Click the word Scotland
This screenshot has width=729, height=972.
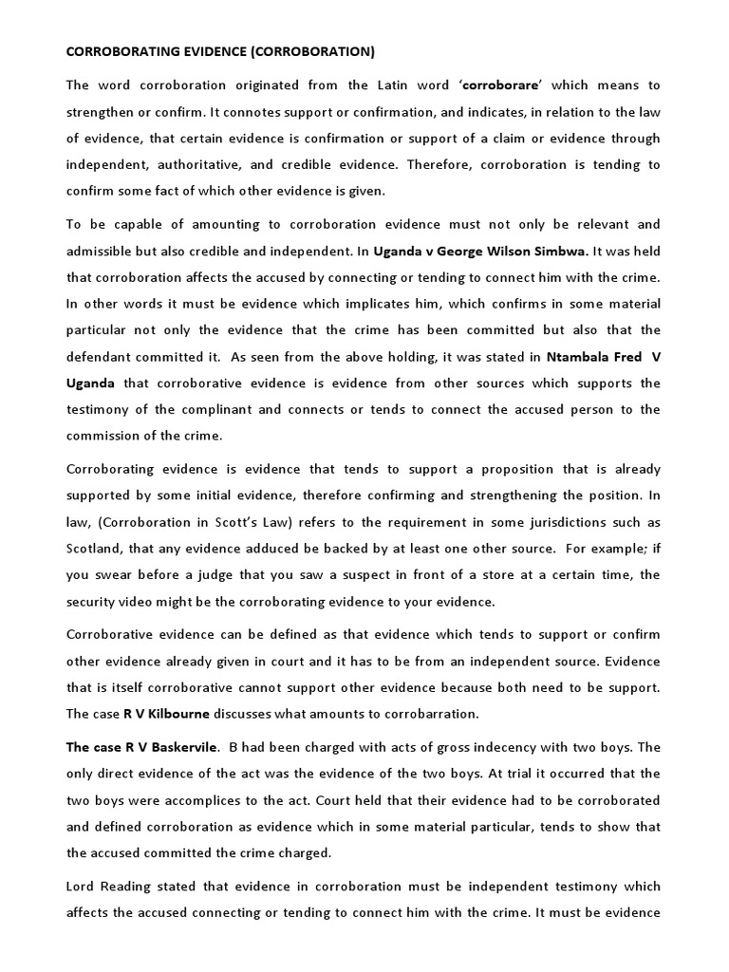click(95, 549)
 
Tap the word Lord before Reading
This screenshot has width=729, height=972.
click(82, 887)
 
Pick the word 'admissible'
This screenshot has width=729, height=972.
click(103, 251)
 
